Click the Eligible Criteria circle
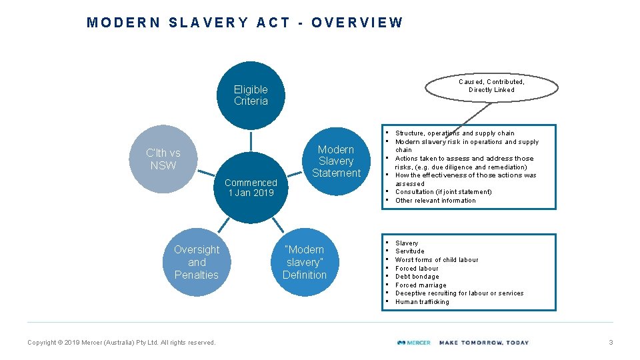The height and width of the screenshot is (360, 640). (x=251, y=95)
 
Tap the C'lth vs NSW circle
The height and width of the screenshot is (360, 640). (x=163, y=159)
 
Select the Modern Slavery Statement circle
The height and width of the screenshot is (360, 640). (x=336, y=161)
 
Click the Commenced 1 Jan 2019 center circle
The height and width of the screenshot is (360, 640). (x=251, y=188)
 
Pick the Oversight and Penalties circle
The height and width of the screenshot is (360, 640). (x=196, y=262)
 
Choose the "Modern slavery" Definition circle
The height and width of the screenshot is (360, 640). (x=305, y=262)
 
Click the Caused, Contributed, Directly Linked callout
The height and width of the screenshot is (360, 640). (x=491, y=85)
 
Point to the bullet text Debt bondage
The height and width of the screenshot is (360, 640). (x=417, y=277)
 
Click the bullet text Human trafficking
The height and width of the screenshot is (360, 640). (x=422, y=302)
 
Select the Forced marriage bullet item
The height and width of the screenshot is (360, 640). (x=421, y=285)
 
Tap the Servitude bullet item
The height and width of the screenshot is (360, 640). (x=409, y=251)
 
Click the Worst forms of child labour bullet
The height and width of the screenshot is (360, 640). (x=436, y=260)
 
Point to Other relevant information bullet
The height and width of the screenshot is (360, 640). (x=435, y=201)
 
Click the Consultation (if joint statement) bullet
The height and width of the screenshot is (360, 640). (x=443, y=192)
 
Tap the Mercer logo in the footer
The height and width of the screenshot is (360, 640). (x=413, y=343)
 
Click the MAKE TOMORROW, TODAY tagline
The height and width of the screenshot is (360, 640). (x=483, y=343)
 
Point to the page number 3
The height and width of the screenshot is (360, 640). (x=610, y=343)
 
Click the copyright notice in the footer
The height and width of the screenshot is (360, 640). (x=121, y=343)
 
